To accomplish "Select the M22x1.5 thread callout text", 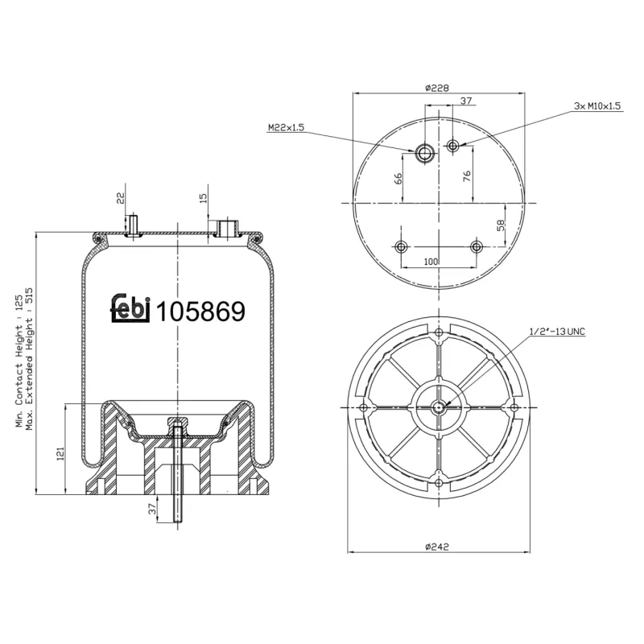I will click(286, 127).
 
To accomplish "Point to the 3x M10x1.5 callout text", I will click(597, 105).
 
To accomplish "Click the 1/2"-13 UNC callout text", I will click(557, 331).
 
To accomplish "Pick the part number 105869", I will click(200, 312).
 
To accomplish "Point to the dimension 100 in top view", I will click(431, 262).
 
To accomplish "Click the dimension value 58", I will click(500, 225).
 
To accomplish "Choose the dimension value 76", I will click(467, 178).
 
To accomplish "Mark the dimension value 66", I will click(398, 179).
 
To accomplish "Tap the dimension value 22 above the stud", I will click(120, 196).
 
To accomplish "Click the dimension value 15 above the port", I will click(203, 196).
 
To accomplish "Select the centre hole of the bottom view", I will click(438, 407).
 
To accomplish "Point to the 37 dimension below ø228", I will click(466, 101).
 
